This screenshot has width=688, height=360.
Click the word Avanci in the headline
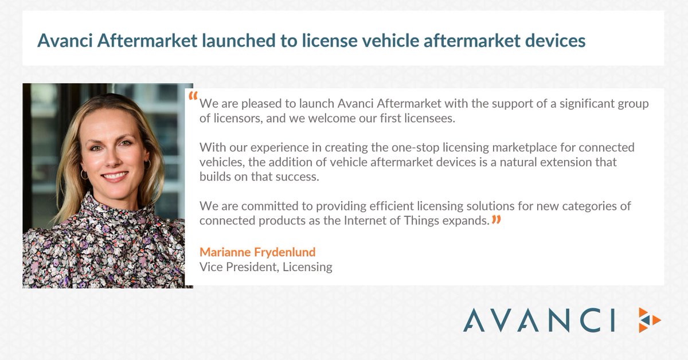[65, 41]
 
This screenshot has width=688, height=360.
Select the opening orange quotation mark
[193, 96]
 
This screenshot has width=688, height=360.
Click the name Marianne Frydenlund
[257, 252]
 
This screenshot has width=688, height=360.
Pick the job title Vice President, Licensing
[265, 267]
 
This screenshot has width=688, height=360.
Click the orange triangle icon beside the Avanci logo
[650, 319]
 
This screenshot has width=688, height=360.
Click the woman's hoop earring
[85, 174]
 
